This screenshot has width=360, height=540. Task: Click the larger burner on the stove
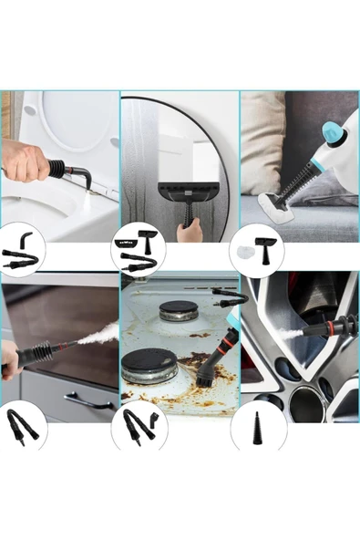[x=149, y=364]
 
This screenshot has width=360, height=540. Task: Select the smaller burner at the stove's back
[x=178, y=311]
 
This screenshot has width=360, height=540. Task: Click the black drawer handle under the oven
[x=90, y=400]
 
